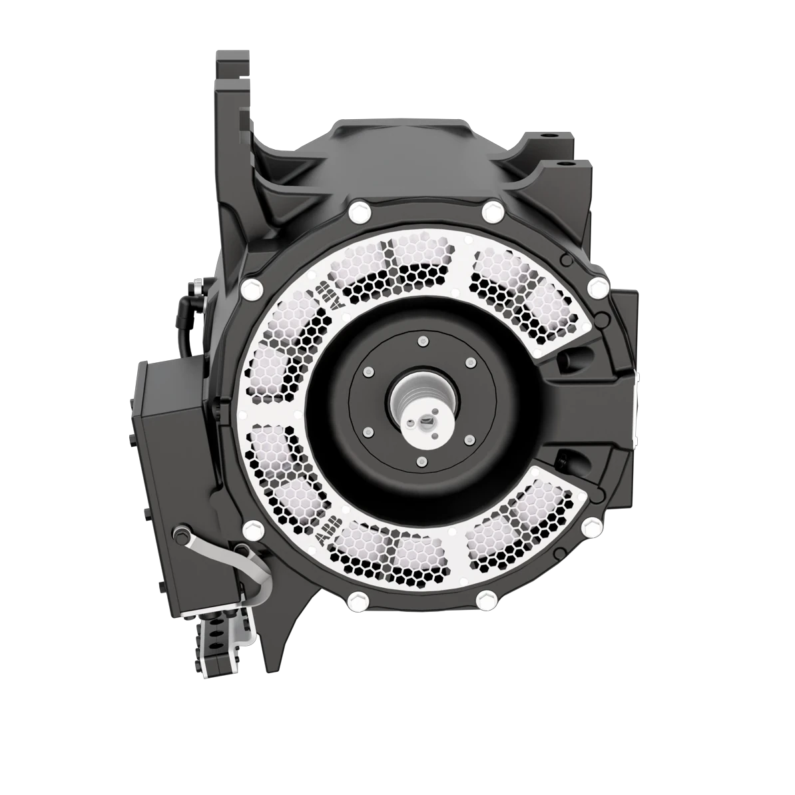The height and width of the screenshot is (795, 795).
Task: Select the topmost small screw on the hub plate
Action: [420, 342]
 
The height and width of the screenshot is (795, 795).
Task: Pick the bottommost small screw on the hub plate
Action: [420, 461]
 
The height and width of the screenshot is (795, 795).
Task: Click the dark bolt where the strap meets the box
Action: [180, 534]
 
